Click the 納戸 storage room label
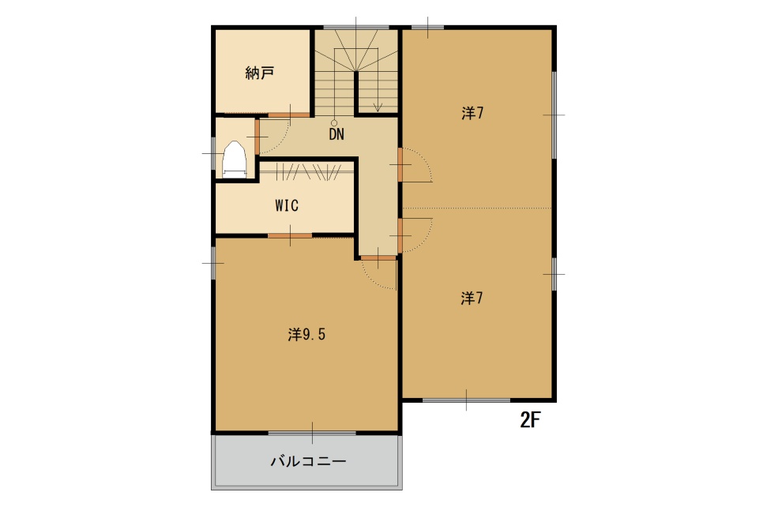(259, 73)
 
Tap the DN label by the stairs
(336, 134)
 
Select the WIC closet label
(287, 205)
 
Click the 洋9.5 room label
(306, 335)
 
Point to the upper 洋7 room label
(472, 113)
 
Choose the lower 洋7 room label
(472, 298)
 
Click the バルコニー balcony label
(309, 461)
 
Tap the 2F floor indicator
(530, 420)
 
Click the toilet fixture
(235, 160)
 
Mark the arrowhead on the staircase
(377, 107)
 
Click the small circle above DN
(334, 123)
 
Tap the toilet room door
(257, 137)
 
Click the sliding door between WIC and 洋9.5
(290, 236)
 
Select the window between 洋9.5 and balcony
(312, 433)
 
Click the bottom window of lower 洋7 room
(466, 400)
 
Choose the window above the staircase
(355, 27)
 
